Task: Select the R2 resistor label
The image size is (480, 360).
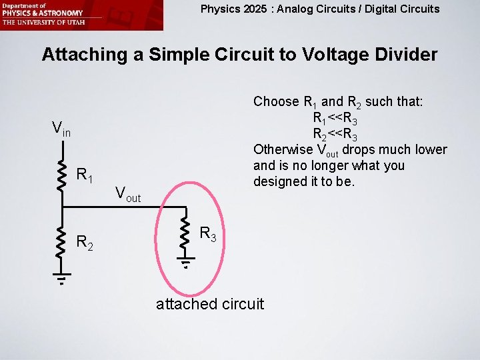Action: click(85, 242)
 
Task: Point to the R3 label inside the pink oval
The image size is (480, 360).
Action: click(209, 234)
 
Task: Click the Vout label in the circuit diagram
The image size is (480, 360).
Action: click(128, 194)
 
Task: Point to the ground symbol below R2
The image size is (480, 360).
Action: click(62, 279)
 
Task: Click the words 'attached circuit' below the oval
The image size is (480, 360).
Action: click(209, 304)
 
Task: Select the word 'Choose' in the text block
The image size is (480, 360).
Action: click(276, 102)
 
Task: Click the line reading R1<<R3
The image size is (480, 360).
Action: click(344, 118)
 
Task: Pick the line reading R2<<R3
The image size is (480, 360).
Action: click(344, 134)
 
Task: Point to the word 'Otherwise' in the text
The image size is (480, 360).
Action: click(283, 149)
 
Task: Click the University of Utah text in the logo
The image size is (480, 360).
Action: click(42, 22)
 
